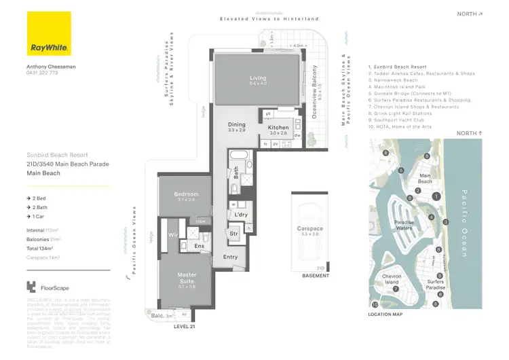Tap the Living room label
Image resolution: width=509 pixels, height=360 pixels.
(257, 79)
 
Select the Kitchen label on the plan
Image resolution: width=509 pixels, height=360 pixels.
(278, 128)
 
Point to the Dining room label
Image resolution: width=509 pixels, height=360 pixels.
(237, 125)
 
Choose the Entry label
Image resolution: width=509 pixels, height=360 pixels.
(230, 257)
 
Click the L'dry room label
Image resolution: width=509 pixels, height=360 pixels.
(240, 215)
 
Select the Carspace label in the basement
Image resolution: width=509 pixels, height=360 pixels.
(311, 229)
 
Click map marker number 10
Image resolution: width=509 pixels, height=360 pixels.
(375, 305)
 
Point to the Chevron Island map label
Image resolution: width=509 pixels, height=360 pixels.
(394, 280)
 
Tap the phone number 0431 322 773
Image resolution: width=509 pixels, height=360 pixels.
(43, 73)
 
